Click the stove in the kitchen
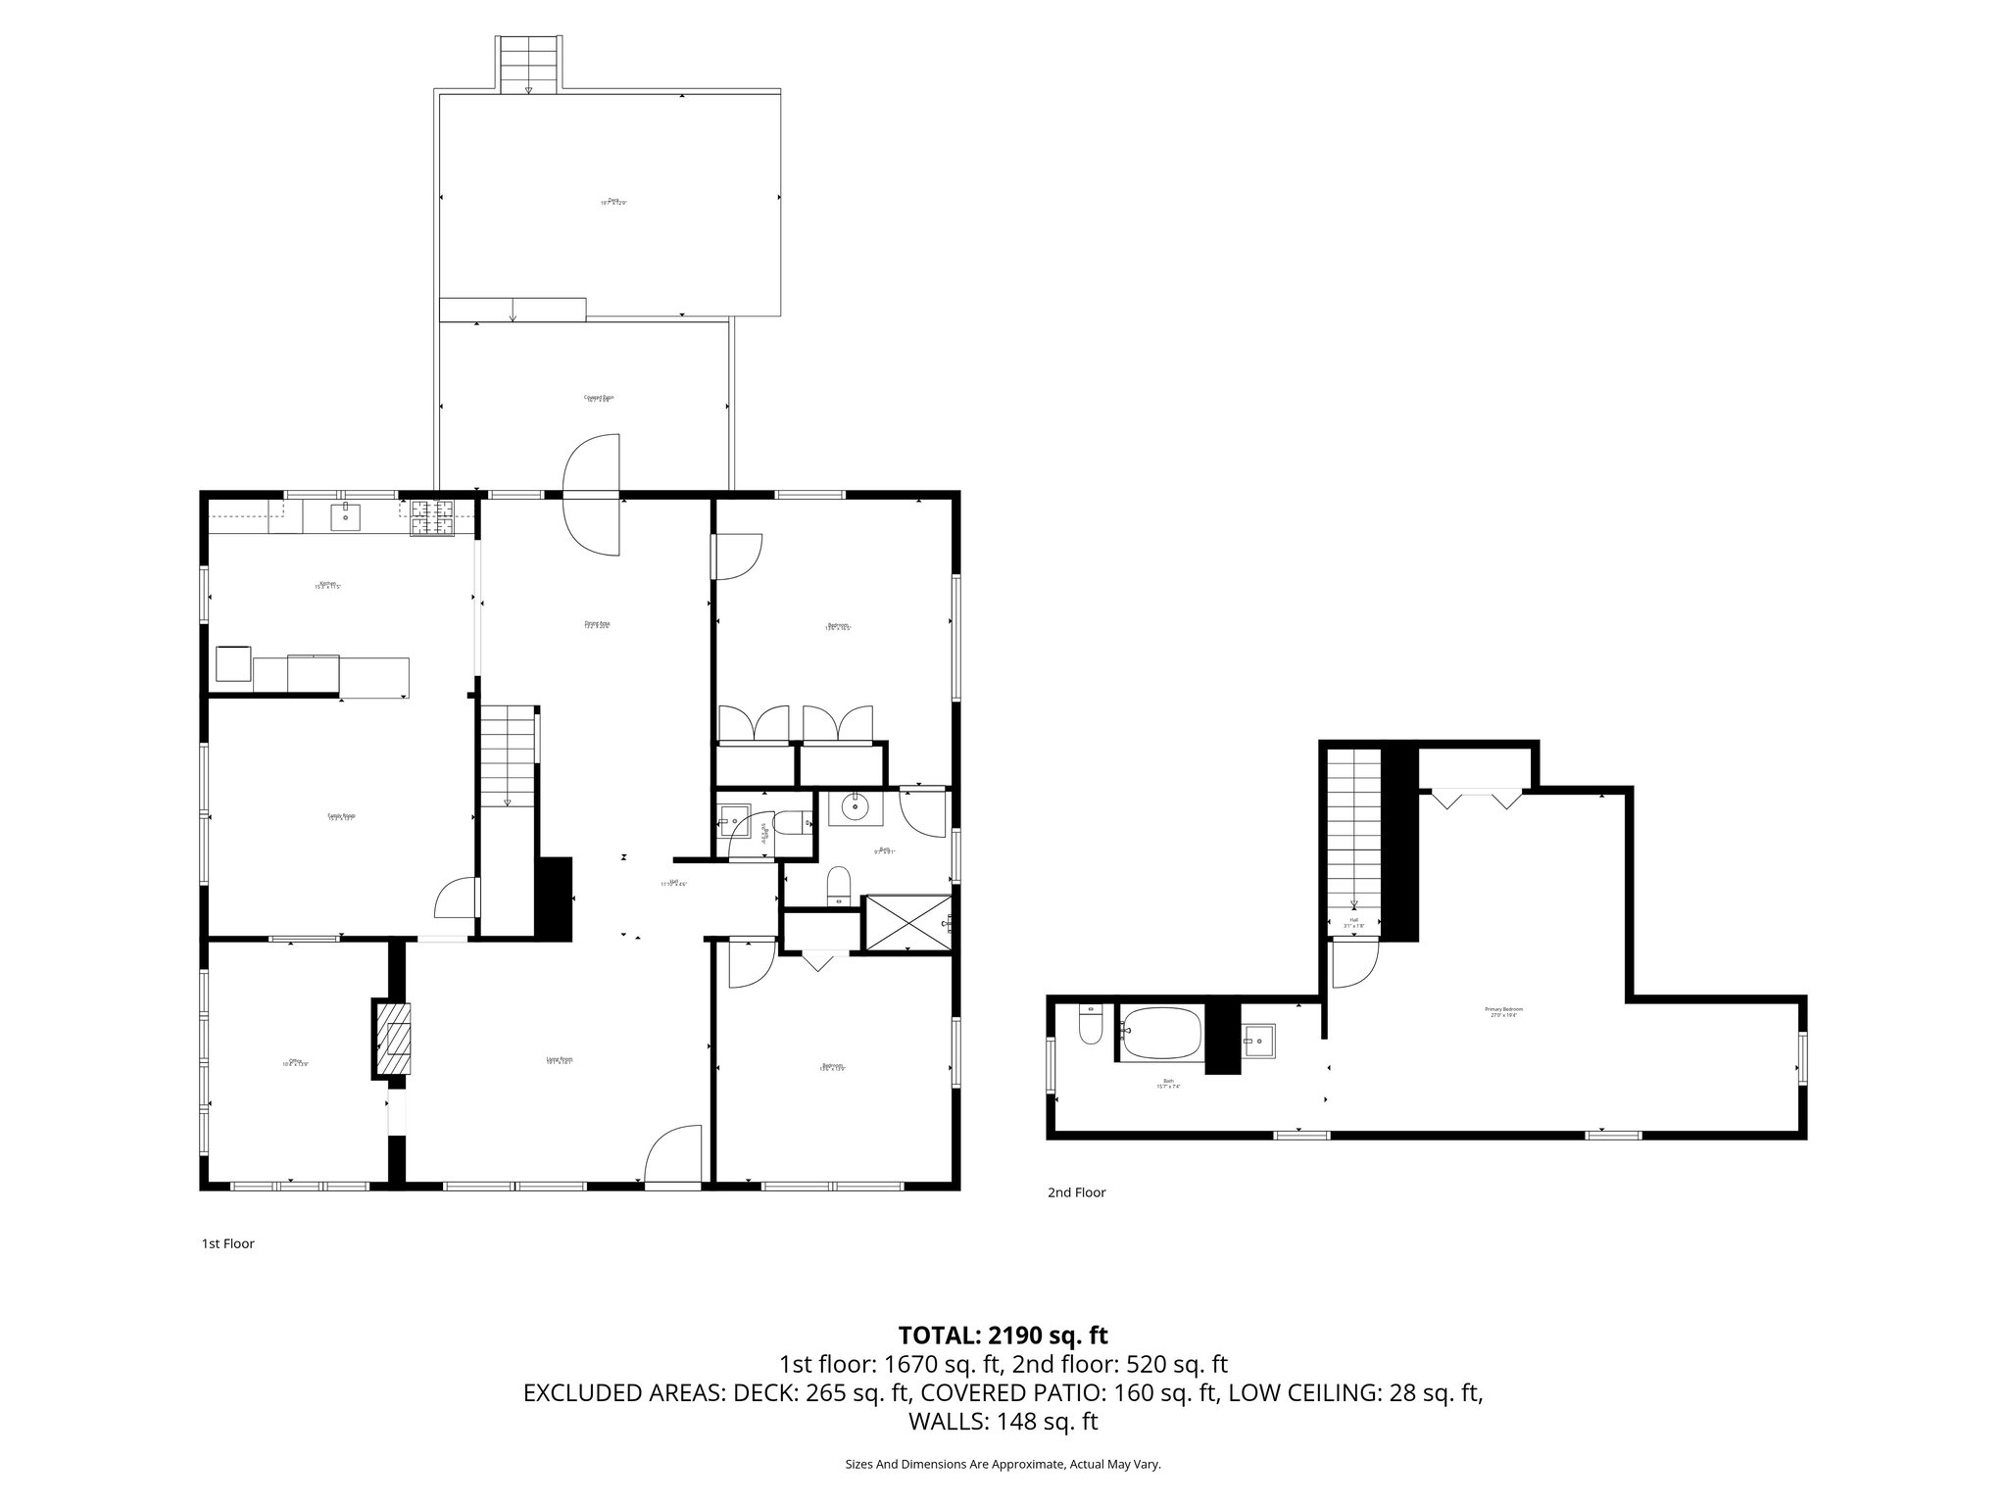432,518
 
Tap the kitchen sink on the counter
345,515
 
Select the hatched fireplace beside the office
393,1039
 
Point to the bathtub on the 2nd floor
1160,1035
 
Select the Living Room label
560,1060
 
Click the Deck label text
613,202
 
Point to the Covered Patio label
599,399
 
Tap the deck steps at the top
529,64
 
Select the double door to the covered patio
592,495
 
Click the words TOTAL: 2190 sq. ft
1003,1335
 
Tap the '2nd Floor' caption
1076,1192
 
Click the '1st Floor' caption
227,1243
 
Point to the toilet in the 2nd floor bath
1091,1024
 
